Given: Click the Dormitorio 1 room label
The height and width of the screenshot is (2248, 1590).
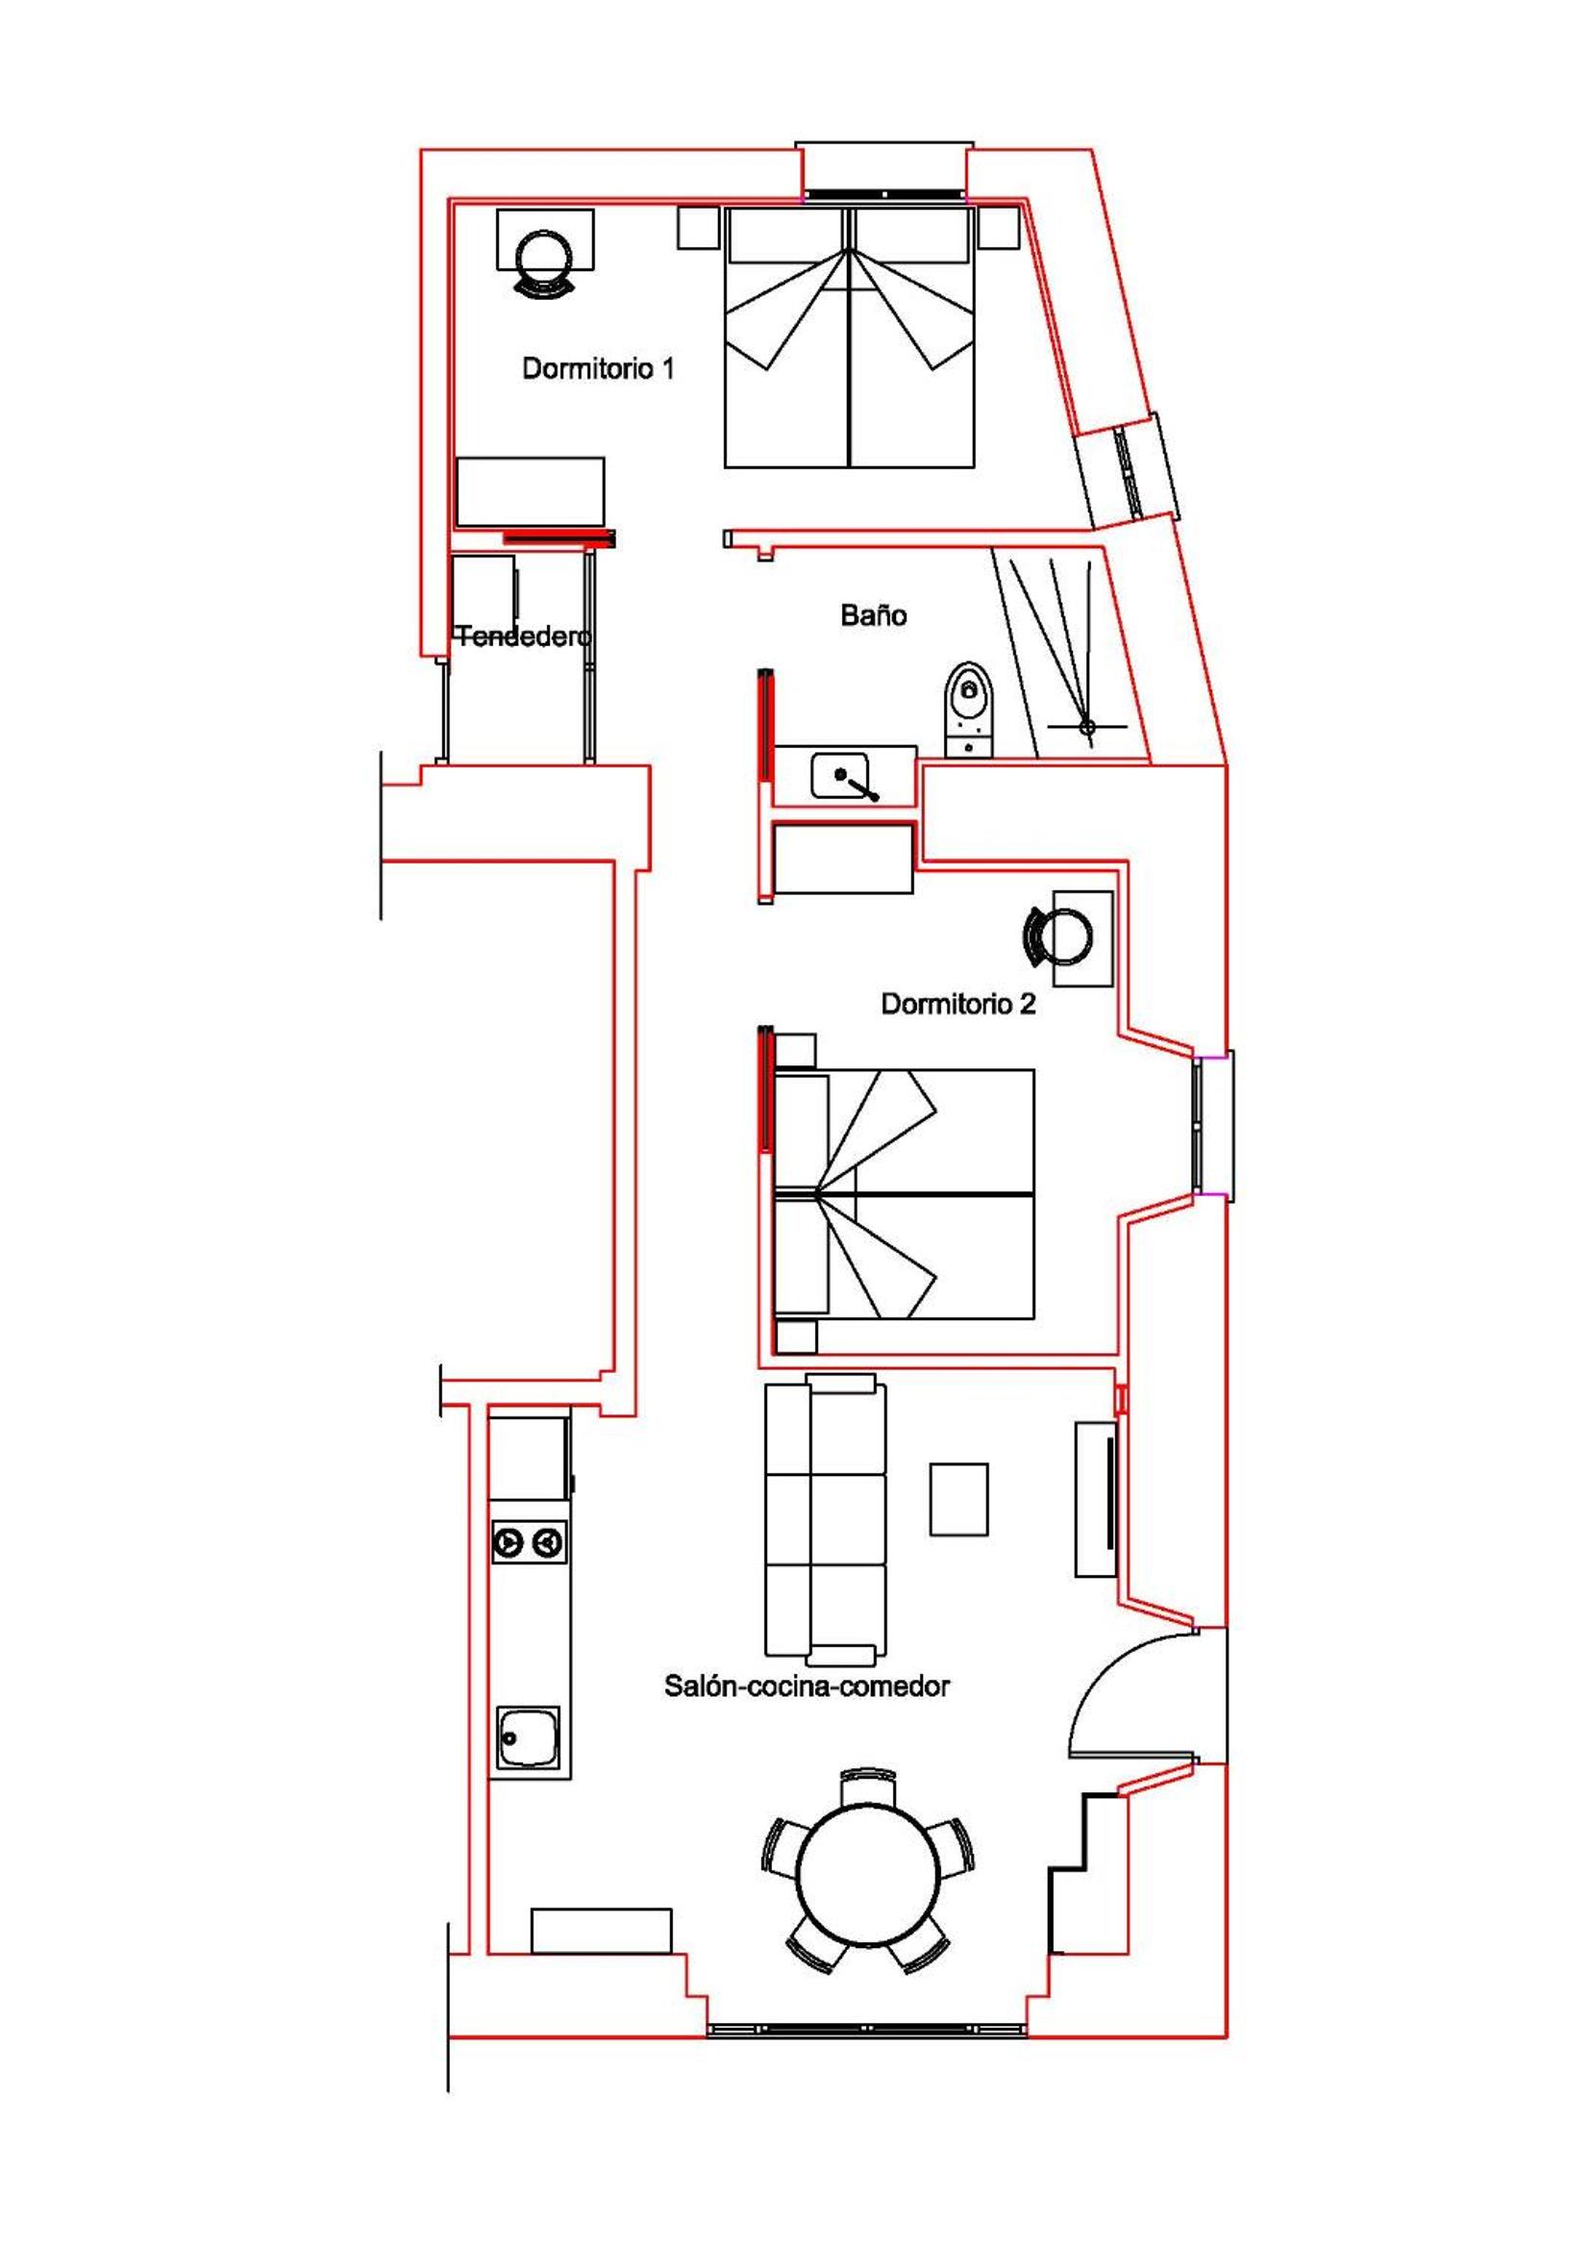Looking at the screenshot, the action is click(x=597, y=369).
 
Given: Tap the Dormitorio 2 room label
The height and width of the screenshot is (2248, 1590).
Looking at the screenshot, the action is click(x=957, y=1004).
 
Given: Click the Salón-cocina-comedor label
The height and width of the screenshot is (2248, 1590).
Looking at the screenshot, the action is click(x=807, y=1686).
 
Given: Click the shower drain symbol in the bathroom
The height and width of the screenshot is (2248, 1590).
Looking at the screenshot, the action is click(x=1087, y=727).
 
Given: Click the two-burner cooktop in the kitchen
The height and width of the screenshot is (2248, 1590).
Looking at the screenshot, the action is click(x=529, y=1544).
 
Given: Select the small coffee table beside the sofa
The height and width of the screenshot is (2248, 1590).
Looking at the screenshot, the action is click(x=958, y=1499).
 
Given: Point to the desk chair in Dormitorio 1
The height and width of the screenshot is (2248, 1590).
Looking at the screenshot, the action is click(x=544, y=262).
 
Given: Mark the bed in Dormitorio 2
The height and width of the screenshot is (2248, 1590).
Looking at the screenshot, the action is click(x=905, y=1193).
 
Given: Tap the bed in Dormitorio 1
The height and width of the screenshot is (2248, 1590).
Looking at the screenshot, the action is click(x=848, y=336).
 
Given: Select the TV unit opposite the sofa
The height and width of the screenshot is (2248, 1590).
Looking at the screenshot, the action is click(x=1096, y=1499).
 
